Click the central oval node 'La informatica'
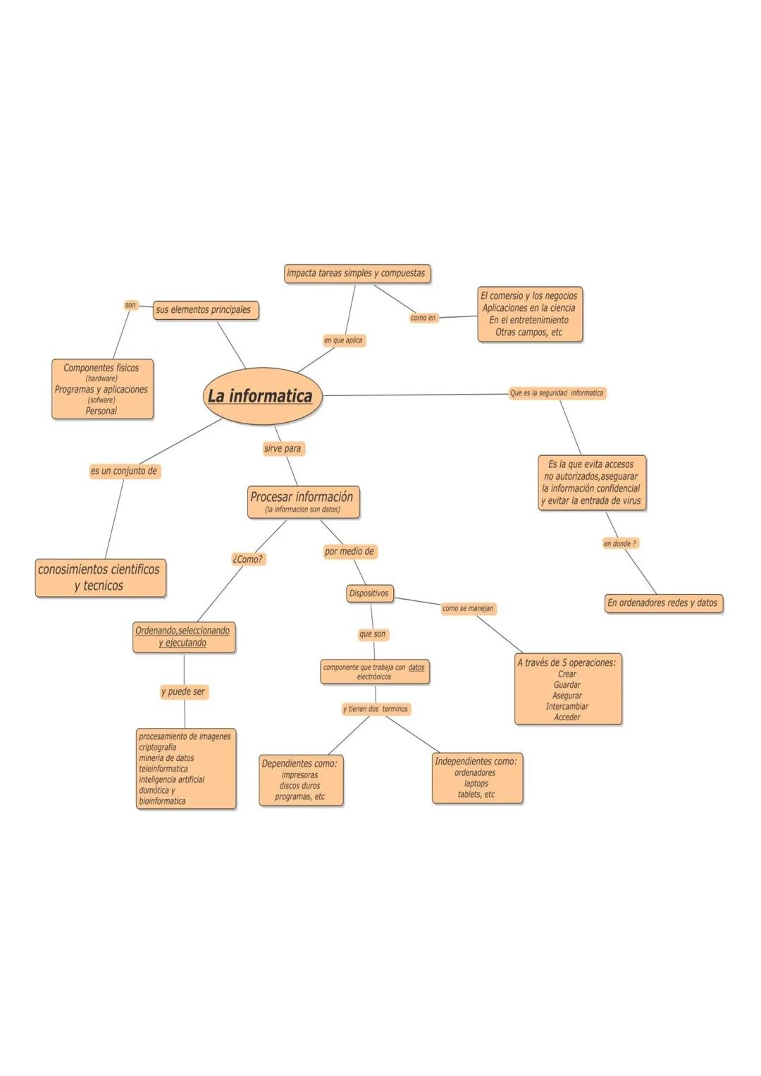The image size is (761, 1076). (261, 396)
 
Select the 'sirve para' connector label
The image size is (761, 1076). (283, 449)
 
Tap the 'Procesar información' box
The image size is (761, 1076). (303, 501)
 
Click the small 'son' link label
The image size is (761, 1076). (130, 305)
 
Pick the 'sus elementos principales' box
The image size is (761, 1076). (204, 310)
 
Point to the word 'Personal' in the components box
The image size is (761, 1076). (101, 411)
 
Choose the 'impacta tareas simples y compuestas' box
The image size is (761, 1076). (357, 273)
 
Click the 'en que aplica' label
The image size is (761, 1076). (343, 340)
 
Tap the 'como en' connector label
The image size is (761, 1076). (423, 318)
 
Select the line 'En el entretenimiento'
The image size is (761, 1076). (529, 320)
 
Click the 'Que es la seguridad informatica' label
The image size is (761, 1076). (557, 393)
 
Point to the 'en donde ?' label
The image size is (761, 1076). (620, 543)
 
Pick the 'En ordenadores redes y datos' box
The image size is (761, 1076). (663, 603)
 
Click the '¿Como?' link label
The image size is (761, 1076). (247, 559)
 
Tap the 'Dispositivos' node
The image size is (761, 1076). (369, 593)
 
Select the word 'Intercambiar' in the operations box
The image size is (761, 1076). (567, 707)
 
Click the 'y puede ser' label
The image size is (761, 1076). (183, 692)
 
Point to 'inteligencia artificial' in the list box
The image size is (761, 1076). (171, 779)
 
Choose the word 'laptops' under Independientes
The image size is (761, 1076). (476, 784)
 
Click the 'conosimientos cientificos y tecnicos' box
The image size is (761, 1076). (99, 578)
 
